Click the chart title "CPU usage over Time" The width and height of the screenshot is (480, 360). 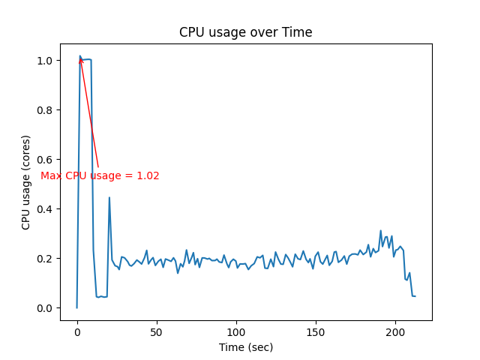coord(245,32)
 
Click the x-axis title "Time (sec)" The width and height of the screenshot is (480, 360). coord(245,347)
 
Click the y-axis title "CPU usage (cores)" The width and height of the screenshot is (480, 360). coord(26,182)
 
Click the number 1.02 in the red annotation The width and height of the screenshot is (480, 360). coord(148,176)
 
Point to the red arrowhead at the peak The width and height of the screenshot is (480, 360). coord(80,59)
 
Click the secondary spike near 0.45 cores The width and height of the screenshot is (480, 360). coord(109,198)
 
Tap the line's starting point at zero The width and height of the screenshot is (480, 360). coord(77,307)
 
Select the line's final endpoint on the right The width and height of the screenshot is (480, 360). coord(415,296)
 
